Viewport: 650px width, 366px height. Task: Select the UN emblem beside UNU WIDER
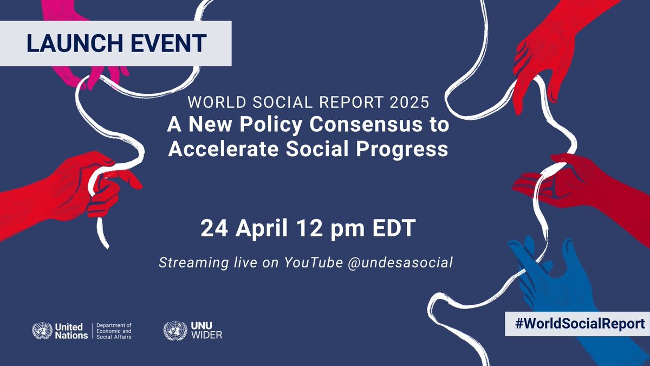point(173,331)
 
